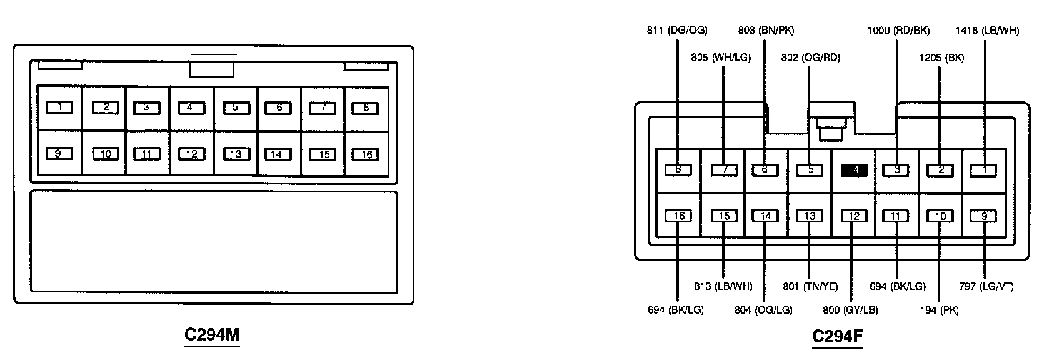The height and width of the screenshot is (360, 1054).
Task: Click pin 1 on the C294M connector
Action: (59, 107)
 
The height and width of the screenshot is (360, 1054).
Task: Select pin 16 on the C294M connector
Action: (366, 154)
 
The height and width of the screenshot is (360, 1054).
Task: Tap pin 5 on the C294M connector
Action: (234, 107)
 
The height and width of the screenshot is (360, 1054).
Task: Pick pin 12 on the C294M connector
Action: (191, 154)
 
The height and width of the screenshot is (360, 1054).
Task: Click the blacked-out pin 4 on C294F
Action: (853, 169)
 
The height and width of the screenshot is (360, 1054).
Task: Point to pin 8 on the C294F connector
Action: (678, 169)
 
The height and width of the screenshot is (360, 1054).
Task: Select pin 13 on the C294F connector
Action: (810, 216)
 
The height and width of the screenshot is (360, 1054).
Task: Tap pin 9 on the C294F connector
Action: (984, 216)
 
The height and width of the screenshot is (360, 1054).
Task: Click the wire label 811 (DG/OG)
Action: (677, 30)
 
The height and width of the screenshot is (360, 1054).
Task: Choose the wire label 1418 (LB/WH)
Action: (987, 30)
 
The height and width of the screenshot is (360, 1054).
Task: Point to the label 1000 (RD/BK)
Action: (898, 30)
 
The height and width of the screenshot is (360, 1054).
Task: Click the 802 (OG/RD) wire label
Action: (810, 57)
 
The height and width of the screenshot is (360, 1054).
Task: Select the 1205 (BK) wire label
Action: (941, 57)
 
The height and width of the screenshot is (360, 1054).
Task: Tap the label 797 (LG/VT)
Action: (986, 287)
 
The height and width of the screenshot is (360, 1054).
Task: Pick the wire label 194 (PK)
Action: (940, 310)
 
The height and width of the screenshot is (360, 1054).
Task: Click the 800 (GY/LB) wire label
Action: (851, 310)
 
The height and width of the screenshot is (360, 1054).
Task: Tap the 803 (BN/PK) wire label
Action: (766, 30)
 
